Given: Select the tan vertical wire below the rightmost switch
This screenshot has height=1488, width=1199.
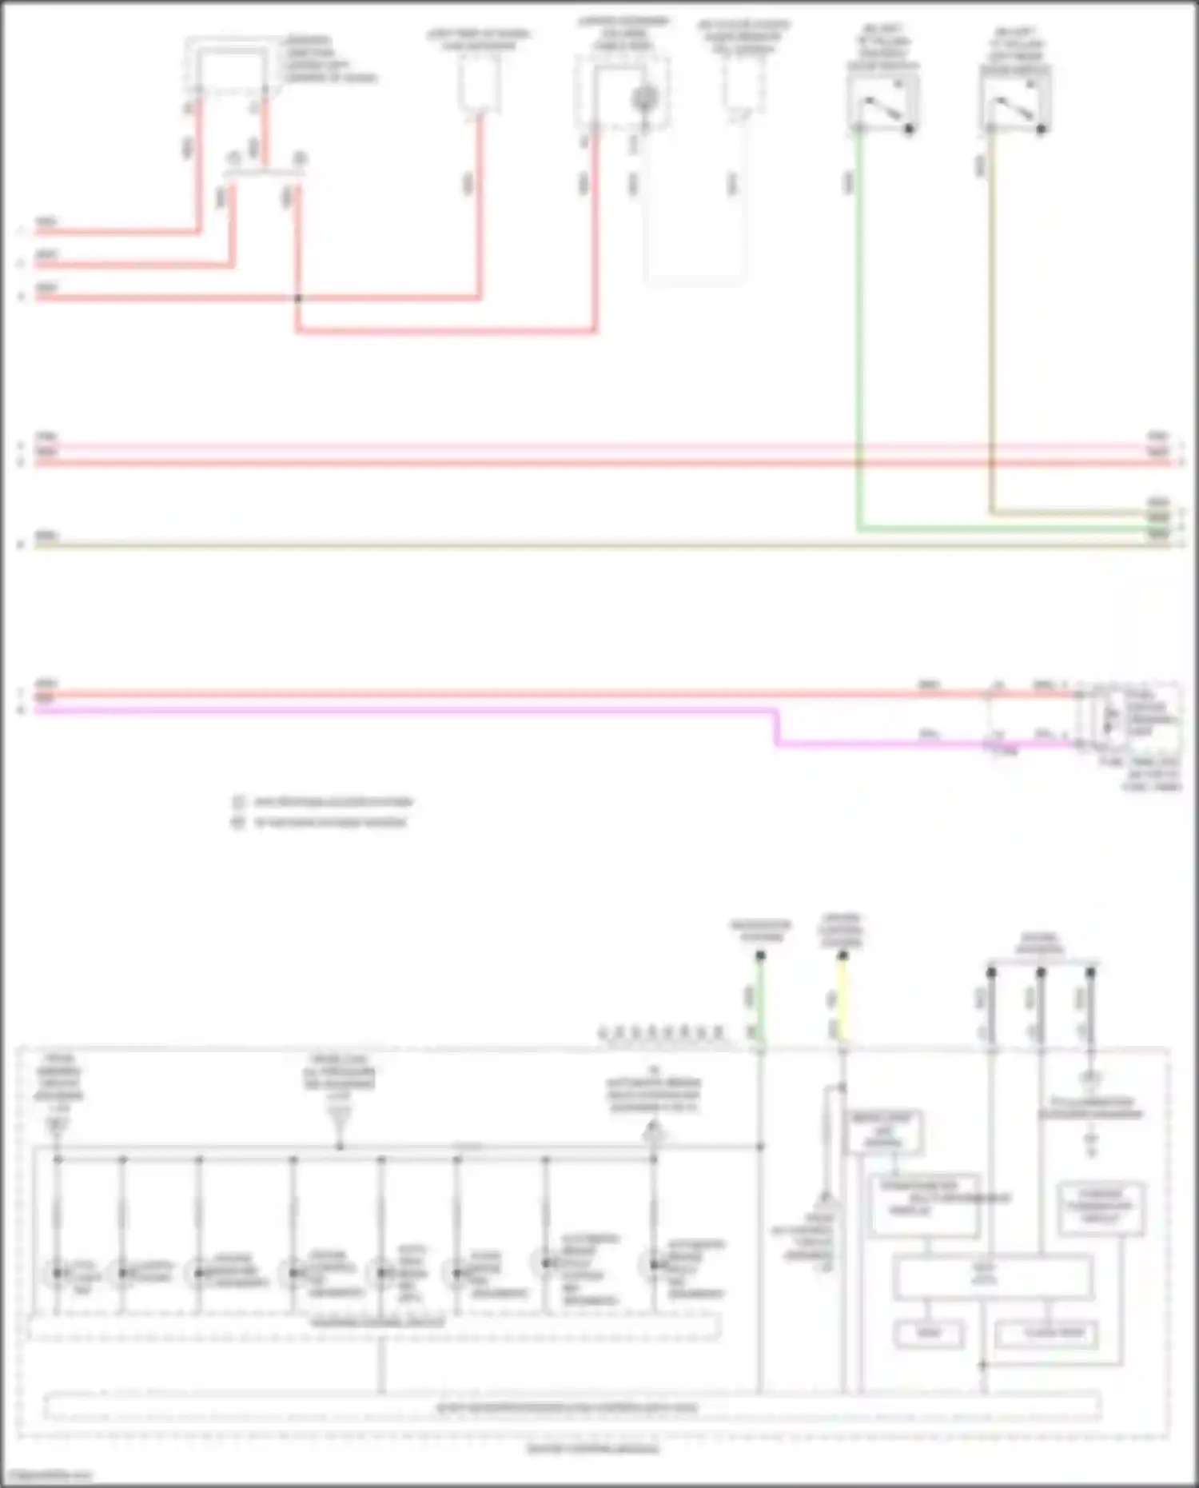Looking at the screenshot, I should tap(991, 320).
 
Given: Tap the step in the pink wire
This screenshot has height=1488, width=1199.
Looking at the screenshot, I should tap(776, 728).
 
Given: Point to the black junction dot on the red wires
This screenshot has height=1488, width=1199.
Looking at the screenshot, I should tap(297, 298).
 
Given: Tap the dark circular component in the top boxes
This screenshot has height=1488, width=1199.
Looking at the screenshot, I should tap(644, 99).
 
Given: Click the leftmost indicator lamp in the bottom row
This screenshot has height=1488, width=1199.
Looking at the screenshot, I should tap(58, 1272).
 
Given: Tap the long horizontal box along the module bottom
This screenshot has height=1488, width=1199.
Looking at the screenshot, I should tap(572, 1407).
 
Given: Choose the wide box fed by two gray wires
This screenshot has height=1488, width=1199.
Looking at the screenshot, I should tap(991, 1277).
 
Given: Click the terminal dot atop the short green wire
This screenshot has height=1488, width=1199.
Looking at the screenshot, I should tap(760, 955).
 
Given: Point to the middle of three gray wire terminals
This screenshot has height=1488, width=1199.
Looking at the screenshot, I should tap(1041, 972).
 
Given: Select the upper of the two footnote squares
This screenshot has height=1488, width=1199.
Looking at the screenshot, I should tap(238, 802).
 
